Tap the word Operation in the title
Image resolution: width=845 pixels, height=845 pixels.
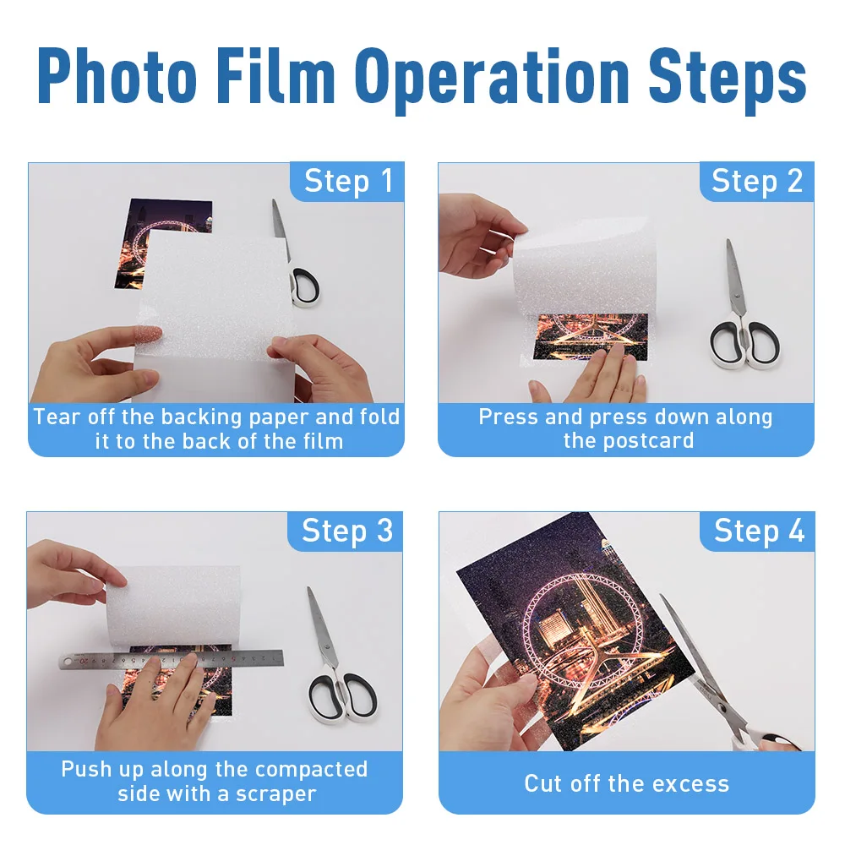[x=491, y=81]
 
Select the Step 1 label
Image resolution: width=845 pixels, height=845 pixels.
[x=348, y=181]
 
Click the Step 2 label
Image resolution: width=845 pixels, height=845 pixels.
[x=756, y=181]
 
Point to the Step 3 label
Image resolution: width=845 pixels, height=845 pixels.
[x=347, y=531]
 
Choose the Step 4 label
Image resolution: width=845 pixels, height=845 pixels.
[x=759, y=531]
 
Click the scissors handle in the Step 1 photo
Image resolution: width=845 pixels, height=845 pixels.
[x=305, y=286]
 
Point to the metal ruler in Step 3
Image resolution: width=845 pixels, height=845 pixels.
[x=172, y=658]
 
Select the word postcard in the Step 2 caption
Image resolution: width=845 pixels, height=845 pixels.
[x=629, y=441]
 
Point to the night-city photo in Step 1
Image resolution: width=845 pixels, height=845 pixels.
[x=162, y=243]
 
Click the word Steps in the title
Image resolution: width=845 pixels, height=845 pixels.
[x=727, y=81]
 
